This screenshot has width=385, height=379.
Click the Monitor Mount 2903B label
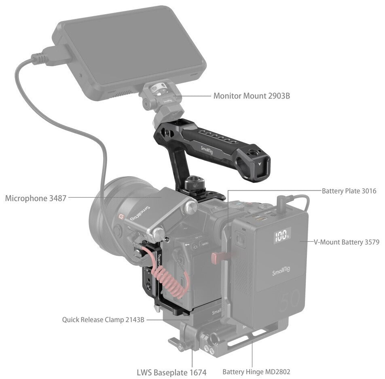click(x=252, y=96)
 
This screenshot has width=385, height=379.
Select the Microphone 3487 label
click(x=36, y=198)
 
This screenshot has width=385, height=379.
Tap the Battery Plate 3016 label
click(x=349, y=191)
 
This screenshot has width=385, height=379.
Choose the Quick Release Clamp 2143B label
click(x=103, y=320)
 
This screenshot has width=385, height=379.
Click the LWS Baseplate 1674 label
click(x=171, y=372)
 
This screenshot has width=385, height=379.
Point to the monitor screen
click(x=133, y=46)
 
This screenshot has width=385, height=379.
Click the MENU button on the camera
click(x=205, y=244)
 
